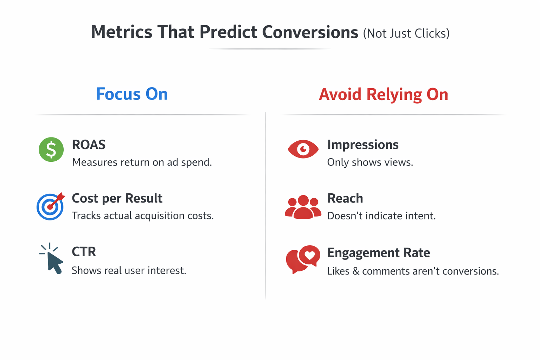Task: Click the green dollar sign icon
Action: [x=51, y=149]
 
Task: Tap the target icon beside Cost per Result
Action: [x=50, y=207]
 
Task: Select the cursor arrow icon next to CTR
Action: [x=52, y=259]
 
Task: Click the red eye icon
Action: [x=303, y=149]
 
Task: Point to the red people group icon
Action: [x=303, y=207]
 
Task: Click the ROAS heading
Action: [x=89, y=145]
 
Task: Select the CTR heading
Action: [x=84, y=252]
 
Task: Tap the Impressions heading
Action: [x=362, y=145]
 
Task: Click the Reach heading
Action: [x=345, y=198]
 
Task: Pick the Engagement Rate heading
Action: [x=378, y=253]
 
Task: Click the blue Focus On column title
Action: [x=132, y=94]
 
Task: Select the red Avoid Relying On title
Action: [x=383, y=95]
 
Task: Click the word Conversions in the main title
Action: [x=310, y=32]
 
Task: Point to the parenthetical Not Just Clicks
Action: [x=406, y=33]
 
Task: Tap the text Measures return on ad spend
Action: [x=142, y=162]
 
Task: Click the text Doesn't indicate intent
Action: [x=381, y=216]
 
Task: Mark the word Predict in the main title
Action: [x=228, y=32]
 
